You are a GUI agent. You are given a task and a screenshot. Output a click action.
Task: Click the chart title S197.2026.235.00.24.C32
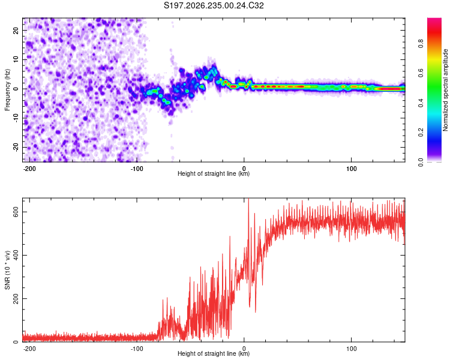tap(214, 5)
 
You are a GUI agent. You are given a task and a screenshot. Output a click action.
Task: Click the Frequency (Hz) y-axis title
tap(7, 90)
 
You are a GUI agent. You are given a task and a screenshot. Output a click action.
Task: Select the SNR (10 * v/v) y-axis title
tap(7, 270)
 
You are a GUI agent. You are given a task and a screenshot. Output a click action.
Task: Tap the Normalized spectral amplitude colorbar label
tap(445, 90)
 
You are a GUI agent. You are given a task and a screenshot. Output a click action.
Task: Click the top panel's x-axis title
tap(214, 173)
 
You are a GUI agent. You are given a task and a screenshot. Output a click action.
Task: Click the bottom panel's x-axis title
tap(214, 353)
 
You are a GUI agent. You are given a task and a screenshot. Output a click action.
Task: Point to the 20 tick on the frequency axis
tap(16, 30)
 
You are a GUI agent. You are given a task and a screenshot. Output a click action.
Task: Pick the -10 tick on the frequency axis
tap(16, 118)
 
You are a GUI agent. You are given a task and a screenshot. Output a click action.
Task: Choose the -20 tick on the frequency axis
tap(16, 147)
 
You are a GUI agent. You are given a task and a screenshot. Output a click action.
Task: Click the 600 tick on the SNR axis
tap(16, 212)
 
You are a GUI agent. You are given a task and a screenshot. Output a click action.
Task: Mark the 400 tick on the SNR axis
tap(16, 255)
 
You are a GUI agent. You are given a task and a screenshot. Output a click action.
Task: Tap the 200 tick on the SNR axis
tap(16, 299)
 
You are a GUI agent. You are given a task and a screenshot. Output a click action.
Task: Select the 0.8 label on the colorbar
tap(421, 44)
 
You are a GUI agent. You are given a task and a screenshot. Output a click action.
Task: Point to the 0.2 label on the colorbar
tap(421, 133)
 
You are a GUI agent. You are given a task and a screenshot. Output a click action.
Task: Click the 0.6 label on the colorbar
tap(421, 73)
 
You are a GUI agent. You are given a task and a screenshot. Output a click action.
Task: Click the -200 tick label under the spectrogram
tap(29, 169)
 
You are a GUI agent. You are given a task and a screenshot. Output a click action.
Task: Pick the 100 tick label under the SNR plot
tap(351, 349)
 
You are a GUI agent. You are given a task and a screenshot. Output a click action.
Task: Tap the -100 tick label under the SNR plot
tap(137, 349)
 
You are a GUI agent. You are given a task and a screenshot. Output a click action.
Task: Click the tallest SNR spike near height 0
tap(248, 200)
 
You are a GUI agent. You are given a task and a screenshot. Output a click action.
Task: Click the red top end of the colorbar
tap(434, 20)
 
